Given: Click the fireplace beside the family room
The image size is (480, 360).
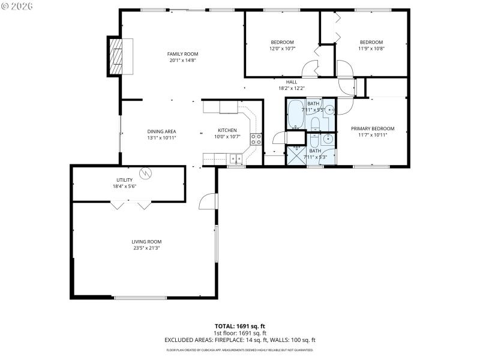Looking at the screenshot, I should coord(118,56).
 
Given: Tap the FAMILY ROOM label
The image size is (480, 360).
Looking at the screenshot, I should coord(182,54).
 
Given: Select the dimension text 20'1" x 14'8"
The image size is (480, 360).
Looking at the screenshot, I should coord(182,60).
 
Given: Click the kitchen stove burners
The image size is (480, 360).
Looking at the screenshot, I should coord(256,139).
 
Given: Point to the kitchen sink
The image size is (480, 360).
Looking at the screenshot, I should coord(235,159).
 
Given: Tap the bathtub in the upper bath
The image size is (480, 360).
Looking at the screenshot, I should coord(295,115).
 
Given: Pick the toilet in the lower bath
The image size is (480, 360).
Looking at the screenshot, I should coord(314,142).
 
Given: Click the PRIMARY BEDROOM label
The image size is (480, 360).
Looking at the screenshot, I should coord(373,128).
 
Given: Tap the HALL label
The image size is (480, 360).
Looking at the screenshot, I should coord(292,82).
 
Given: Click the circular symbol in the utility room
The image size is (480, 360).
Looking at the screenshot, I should coord(145,173).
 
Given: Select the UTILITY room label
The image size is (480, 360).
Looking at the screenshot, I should coord(124,180).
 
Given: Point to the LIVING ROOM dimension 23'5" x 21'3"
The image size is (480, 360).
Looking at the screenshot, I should coord(146,247).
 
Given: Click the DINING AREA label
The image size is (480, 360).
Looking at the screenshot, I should coord(161,131).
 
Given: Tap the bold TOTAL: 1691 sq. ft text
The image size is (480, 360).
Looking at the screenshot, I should coord(240,326).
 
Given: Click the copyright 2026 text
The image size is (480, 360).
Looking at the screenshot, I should coord(17,5).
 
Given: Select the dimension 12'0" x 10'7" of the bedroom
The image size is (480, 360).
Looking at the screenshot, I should coord(281,48).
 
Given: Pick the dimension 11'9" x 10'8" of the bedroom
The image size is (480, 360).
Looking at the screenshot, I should coord(371,48).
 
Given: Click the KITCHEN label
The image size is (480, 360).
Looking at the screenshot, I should coord(227,130).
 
